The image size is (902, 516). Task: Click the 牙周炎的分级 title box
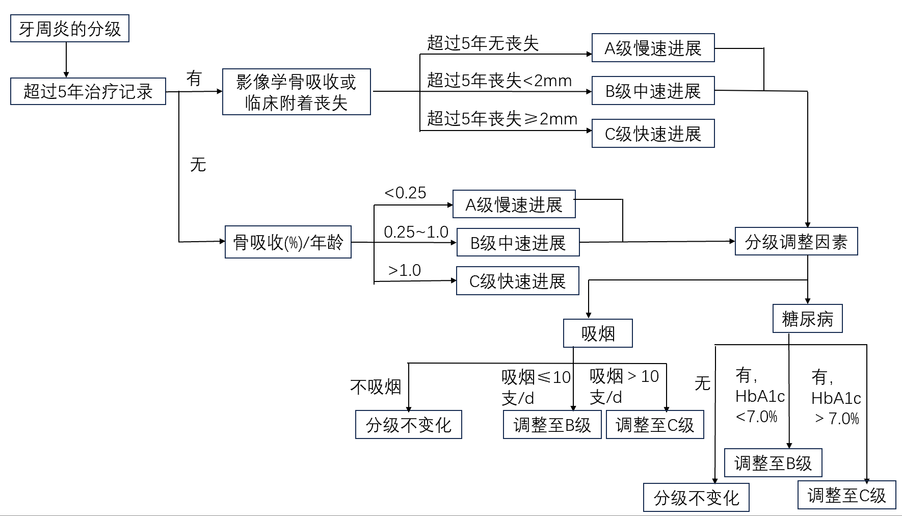[x=70, y=29]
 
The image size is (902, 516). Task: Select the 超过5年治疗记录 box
[x=88, y=91]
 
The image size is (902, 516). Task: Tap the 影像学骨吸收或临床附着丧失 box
[x=296, y=92]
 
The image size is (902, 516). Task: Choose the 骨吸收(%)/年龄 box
[x=288, y=242]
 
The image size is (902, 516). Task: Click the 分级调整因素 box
[x=796, y=241]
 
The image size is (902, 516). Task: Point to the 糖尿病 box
[x=807, y=319]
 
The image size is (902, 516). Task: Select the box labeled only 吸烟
[x=598, y=333]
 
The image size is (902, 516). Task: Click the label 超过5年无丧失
[x=483, y=43]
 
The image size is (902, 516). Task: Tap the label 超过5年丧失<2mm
[x=499, y=81]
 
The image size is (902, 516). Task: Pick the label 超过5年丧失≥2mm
[x=502, y=119]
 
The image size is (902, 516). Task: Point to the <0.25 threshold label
[x=405, y=193]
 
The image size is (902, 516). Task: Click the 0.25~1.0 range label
[x=416, y=232]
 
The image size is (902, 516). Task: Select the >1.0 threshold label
[x=405, y=270]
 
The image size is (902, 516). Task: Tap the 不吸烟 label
[x=376, y=387]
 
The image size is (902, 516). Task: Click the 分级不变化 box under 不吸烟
[x=408, y=424]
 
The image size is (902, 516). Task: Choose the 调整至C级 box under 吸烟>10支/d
[x=655, y=424]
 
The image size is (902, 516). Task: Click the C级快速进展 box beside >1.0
[x=517, y=281]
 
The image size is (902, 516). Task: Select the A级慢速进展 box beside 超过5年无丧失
[x=653, y=48]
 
